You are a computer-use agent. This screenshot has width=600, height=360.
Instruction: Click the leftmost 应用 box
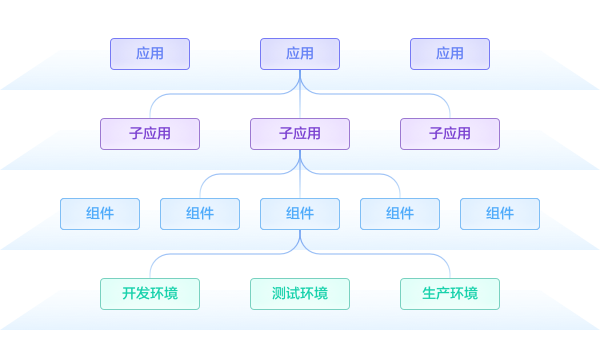pos(150,53)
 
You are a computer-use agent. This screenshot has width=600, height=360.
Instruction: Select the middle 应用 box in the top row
pos(300,53)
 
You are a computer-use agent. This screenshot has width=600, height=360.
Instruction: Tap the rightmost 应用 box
pos(450,53)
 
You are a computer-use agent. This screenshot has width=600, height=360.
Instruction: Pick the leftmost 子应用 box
pos(150,133)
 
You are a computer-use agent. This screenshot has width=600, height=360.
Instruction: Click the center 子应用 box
pos(300,133)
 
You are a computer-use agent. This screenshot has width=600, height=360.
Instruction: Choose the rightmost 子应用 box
pos(450,133)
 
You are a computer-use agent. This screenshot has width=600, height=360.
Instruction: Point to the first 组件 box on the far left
pos(100,213)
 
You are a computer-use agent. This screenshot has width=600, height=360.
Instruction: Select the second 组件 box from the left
pos(200,213)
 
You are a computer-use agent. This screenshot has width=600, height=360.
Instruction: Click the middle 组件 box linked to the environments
pos(300,213)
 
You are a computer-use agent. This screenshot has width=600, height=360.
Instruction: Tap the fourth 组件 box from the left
pos(400,213)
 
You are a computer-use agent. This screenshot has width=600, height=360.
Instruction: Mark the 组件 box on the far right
pos(500,213)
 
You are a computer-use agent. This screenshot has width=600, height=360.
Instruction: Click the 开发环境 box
pos(150,293)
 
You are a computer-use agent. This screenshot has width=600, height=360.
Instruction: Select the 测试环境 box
pos(300,293)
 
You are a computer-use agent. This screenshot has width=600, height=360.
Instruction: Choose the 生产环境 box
pos(450,293)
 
